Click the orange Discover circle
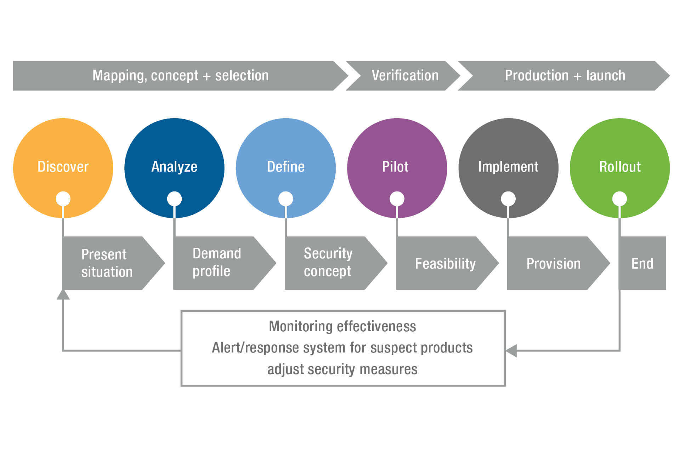coord(63,168)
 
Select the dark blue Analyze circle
coord(174,168)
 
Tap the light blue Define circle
coord(286,168)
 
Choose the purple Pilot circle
coord(397,168)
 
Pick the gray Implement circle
coord(509,168)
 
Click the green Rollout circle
coord(620,168)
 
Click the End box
coord(642,263)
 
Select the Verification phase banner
coord(403,76)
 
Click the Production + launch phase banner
coord(564,76)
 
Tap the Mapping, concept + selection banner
coord(181,76)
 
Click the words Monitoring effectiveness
coord(342,326)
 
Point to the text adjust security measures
coord(342,369)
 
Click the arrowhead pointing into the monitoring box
coord(511,351)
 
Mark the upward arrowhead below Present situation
coord(63,294)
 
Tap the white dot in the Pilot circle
coord(397,199)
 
